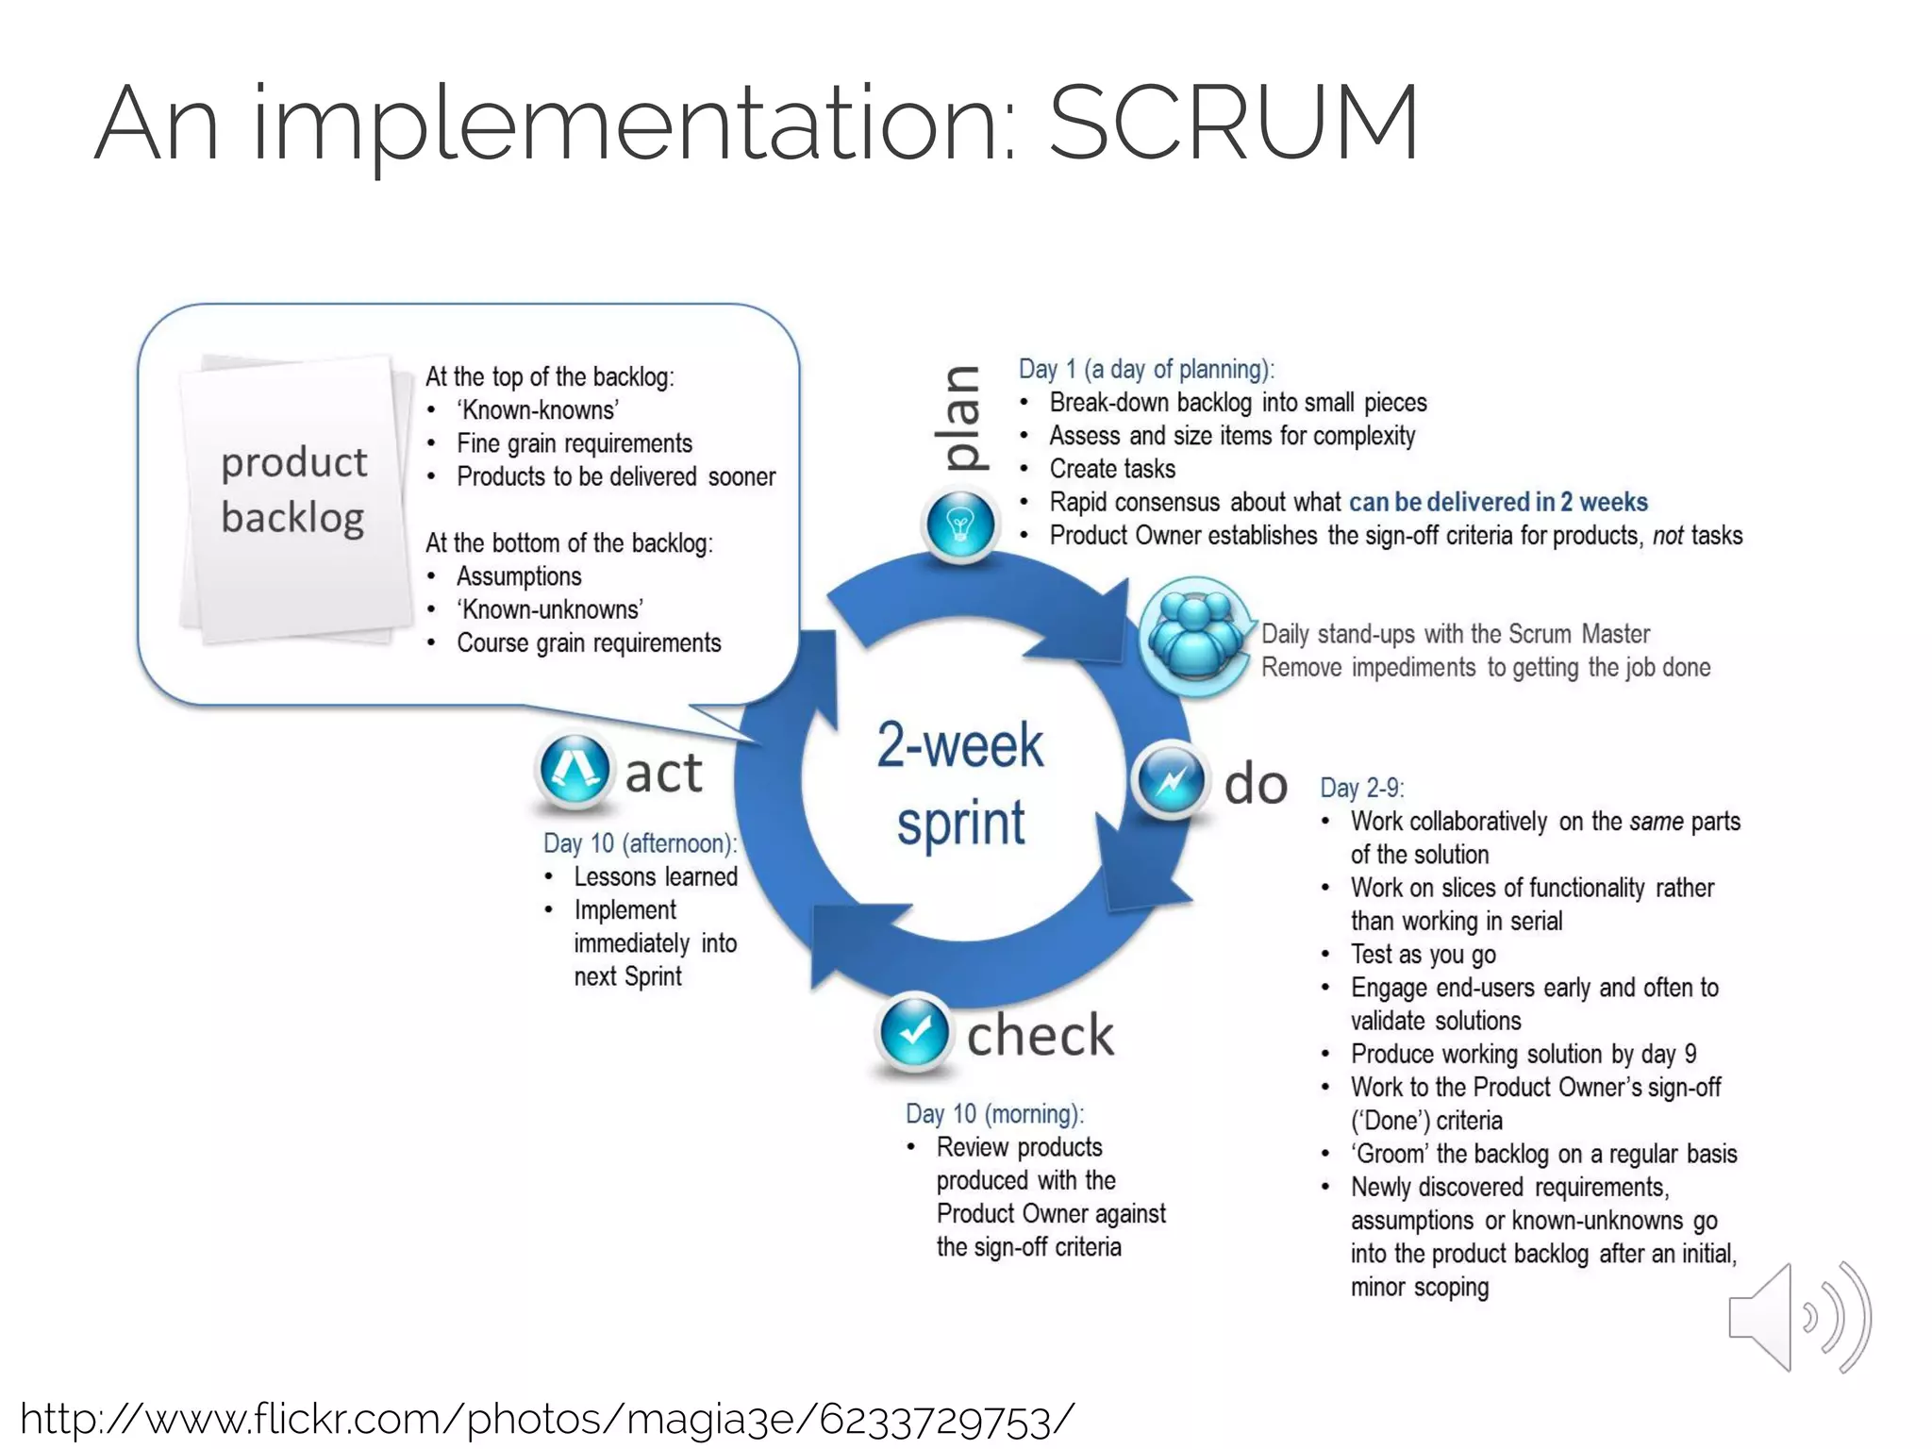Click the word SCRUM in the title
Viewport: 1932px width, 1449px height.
(1233, 123)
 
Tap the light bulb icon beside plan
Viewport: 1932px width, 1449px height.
(960, 525)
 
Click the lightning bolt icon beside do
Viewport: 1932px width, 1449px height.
(1171, 780)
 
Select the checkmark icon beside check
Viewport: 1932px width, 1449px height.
(914, 1031)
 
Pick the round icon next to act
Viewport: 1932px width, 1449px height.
(574, 770)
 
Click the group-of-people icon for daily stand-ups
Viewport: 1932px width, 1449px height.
(1194, 638)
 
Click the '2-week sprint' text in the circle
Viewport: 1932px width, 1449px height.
(960, 783)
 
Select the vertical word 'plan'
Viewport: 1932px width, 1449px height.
(962, 418)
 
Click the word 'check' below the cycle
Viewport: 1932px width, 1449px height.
(1041, 1035)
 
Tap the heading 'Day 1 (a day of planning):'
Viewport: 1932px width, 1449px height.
(1146, 369)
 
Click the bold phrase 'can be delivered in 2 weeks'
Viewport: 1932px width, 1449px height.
(1498, 502)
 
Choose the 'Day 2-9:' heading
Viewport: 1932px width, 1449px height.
(1362, 788)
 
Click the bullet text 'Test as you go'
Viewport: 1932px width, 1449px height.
(1423, 955)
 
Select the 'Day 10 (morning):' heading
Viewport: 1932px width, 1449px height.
(994, 1114)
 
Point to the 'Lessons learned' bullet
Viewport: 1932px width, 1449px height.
(656, 876)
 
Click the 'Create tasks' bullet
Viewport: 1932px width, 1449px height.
(1112, 469)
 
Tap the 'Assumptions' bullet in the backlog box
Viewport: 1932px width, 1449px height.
(519, 576)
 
